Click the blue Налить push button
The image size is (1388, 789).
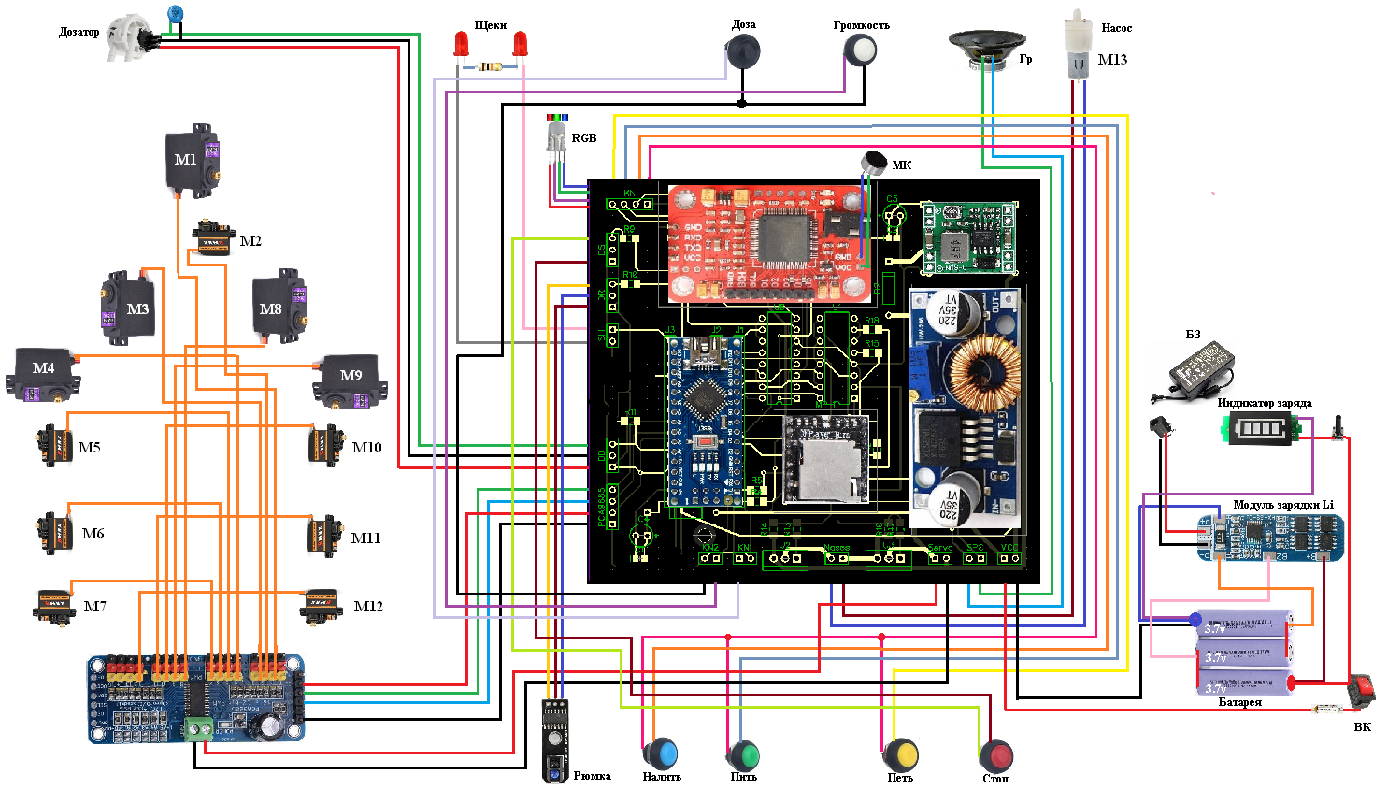(x=661, y=753)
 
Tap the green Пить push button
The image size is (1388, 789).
(x=744, y=754)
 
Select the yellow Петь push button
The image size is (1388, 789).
(x=901, y=754)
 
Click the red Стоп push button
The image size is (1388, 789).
(x=996, y=755)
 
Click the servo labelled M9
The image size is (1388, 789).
(x=349, y=379)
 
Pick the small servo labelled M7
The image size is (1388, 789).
(x=54, y=607)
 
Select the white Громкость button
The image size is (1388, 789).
(x=860, y=50)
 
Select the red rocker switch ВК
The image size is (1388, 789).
(x=1362, y=690)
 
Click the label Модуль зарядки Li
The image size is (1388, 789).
(x=1282, y=505)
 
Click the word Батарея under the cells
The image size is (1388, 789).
(x=1239, y=702)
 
